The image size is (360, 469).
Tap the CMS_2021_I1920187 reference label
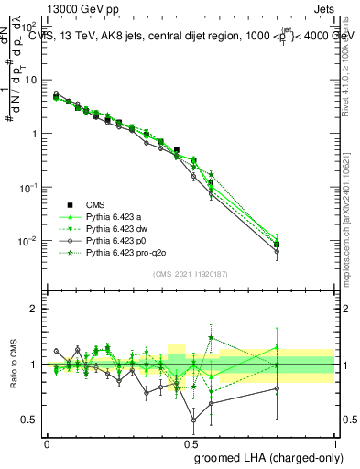[x=191, y=273]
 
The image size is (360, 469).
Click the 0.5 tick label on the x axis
[x=191, y=442]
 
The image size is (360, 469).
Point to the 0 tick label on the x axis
[x=46, y=442]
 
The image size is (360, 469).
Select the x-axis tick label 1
[x=335, y=442]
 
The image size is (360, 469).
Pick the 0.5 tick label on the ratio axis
[x=31, y=420]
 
